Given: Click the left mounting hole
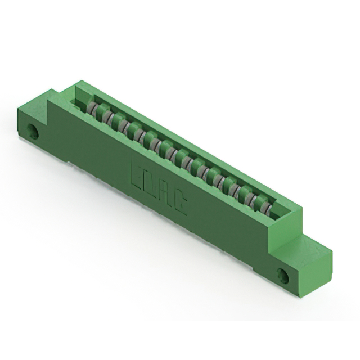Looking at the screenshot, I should click(x=34, y=133).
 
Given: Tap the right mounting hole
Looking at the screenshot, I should click(x=282, y=276).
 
